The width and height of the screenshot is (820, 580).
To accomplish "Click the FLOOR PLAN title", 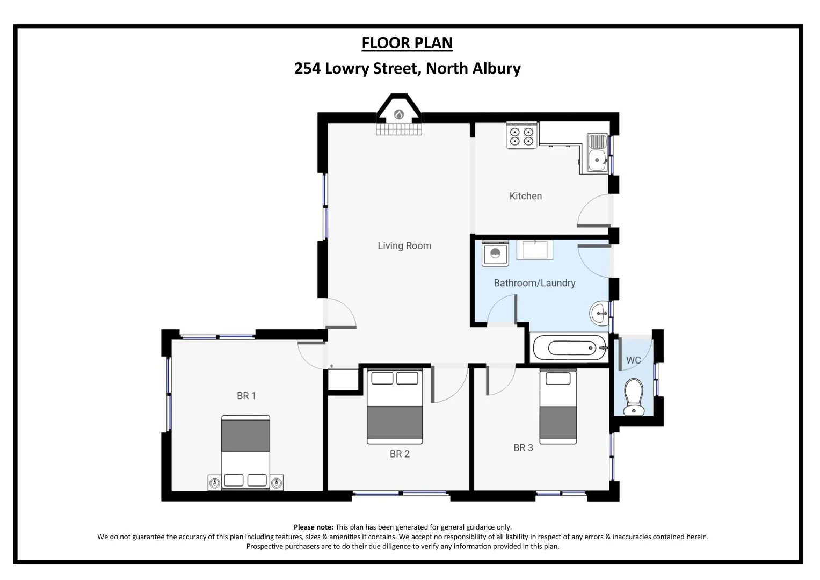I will point(407,43).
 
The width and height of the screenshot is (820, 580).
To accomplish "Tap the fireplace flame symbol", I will point(399,114).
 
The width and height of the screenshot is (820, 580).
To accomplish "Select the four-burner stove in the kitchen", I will point(521,135).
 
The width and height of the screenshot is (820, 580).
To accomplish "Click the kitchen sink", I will point(597,154).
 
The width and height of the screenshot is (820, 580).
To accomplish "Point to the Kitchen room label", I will point(525,196).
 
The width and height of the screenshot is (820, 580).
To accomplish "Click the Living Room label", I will point(404,246).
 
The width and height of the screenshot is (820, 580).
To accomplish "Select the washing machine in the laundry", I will point(495,253).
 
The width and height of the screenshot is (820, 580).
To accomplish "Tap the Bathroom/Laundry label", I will point(534,283).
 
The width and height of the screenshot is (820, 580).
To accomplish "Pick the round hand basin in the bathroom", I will point(599,313).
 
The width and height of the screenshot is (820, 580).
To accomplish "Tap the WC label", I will point(633,360).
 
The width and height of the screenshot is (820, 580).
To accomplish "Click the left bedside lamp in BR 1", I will point(215,483).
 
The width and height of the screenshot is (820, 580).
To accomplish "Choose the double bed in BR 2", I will point(395,407).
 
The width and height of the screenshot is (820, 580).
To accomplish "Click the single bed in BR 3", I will point(558,407).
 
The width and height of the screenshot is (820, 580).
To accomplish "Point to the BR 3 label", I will point(523,447).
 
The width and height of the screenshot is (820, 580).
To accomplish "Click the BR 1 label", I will point(246,396).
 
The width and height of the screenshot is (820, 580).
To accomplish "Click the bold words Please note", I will point(314,527).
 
